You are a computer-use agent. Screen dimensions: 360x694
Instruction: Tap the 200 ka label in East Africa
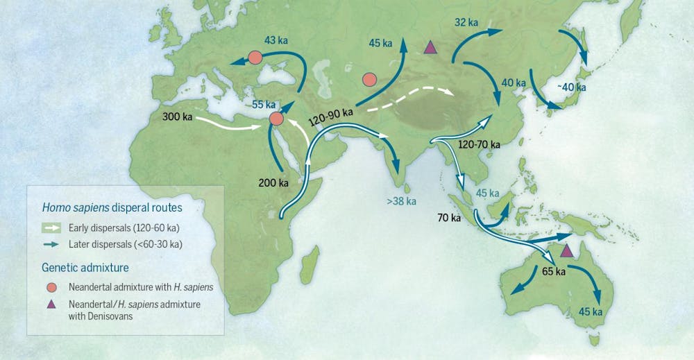(x=273, y=183)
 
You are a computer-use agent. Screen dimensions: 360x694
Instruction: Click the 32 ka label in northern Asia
(x=466, y=23)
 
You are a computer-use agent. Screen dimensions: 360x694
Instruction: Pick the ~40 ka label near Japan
(x=571, y=87)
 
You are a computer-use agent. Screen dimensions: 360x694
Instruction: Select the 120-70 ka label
(x=480, y=144)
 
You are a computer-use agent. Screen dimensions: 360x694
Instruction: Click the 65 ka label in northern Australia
(x=555, y=271)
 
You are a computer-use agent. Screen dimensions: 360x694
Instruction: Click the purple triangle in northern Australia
(x=567, y=250)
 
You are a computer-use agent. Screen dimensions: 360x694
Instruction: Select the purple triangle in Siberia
(x=430, y=48)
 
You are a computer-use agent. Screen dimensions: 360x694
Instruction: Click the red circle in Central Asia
(x=369, y=80)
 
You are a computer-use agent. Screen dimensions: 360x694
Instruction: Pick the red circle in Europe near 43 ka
(x=255, y=58)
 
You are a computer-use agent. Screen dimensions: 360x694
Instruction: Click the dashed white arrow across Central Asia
(x=409, y=98)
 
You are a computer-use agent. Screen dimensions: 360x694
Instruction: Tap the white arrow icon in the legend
(x=51, y=227)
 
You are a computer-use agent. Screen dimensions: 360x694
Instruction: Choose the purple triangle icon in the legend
(x=51, y=305)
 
